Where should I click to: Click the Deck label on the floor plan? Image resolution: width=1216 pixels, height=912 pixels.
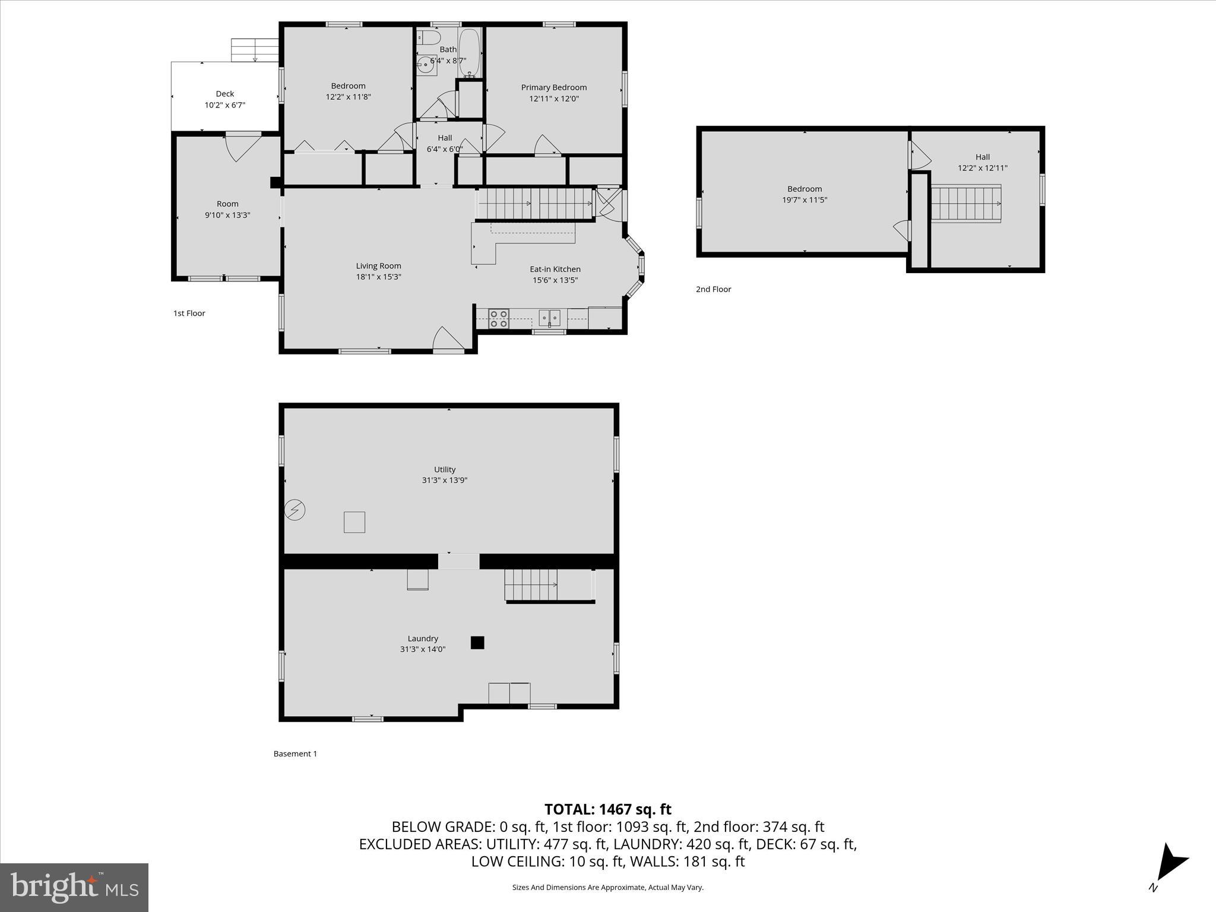click(224, 94)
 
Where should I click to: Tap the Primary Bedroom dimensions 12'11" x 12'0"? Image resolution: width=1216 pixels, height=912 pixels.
click(553, 99)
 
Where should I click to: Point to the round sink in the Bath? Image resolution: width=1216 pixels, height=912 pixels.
click(426, 65)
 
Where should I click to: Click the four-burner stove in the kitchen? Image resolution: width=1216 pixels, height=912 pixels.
click(498, 319)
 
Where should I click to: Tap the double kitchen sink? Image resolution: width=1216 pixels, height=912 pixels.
click(549, 318)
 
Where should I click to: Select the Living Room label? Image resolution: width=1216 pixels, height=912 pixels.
click(378, 266)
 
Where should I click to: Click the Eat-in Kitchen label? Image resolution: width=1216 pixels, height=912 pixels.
click(555, 269)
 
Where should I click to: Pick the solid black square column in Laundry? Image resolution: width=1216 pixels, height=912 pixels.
click(477, 642)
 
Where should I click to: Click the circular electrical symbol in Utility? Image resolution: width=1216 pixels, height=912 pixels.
click(295, 510)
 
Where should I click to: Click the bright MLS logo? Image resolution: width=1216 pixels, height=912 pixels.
click(74, 887)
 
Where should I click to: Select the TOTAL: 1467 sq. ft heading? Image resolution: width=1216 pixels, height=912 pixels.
click(607, 809)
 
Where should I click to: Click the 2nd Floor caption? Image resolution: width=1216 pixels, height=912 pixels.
click(713, 289)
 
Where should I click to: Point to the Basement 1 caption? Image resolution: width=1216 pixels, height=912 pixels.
click(295, 753)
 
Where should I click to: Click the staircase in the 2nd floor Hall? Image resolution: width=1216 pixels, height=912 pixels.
click(966, 204)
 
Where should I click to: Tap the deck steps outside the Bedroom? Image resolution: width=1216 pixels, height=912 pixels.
click(255, 50)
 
